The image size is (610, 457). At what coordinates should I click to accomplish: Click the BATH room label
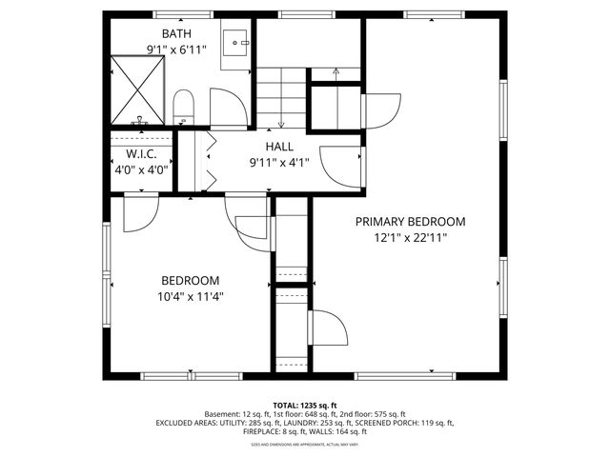point(175,33)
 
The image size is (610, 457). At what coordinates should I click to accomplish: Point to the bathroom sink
point(235,43)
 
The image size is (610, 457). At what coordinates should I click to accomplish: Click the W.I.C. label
point(141,154)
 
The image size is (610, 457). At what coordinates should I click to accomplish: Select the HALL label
point(279,146)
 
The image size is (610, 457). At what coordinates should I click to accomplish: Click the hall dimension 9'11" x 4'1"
point(279,162)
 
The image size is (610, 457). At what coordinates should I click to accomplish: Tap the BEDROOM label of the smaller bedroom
point(190,280)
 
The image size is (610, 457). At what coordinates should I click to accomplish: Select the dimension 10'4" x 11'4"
point(190,296)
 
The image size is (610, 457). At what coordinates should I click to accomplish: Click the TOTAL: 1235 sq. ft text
point(304,405)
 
